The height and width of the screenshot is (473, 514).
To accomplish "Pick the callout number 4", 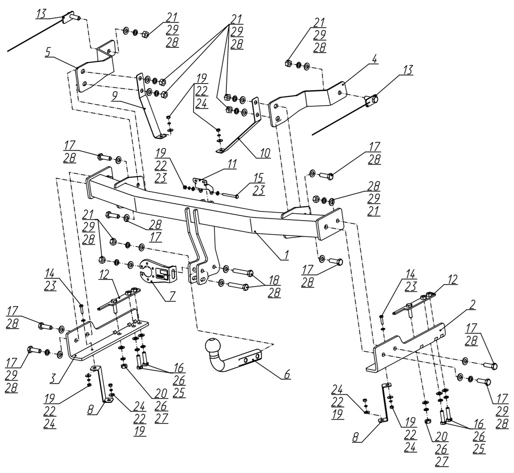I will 374,60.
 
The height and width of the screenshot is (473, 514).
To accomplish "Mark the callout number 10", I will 265,153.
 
